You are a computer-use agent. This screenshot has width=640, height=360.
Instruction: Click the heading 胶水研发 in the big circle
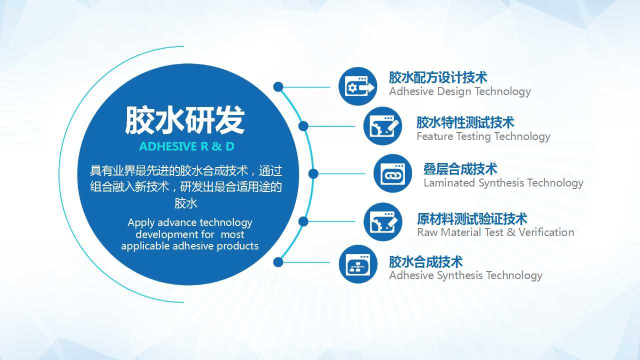point(185,120)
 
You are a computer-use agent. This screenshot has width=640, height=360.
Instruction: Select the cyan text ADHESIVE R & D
point(187,146)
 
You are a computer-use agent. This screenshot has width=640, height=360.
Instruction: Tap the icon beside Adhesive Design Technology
point(357,86)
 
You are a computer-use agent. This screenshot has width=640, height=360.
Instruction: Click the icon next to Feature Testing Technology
point(382,126)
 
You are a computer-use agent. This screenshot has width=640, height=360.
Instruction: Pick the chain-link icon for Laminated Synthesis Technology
point(393,173)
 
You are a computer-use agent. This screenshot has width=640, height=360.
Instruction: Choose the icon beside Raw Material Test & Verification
point(383,221)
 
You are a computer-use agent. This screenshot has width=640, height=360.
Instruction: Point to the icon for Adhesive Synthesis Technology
point(358,264)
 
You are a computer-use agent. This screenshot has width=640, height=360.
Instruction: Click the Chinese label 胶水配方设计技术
point(438,77)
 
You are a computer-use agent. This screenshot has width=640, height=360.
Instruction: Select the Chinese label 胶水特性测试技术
point(465,122)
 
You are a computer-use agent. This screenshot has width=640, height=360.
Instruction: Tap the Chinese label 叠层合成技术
point(460,169)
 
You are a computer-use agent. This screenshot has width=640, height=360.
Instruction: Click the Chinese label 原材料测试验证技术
point(472,219)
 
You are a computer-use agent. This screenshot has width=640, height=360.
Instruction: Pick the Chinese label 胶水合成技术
point(425,261)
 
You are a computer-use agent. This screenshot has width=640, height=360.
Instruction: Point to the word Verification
point(546,232)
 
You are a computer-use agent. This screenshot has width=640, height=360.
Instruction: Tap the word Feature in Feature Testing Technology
point(435,136)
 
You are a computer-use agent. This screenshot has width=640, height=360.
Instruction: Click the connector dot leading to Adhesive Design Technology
point(278,87)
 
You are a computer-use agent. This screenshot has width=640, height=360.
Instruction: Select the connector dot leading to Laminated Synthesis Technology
point(313,173)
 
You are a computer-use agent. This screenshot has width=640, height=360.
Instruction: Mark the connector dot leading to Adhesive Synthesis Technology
point(278,262)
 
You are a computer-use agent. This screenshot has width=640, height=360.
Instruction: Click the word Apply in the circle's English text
point(141,223)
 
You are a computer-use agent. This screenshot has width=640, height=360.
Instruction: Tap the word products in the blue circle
point(237,246)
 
